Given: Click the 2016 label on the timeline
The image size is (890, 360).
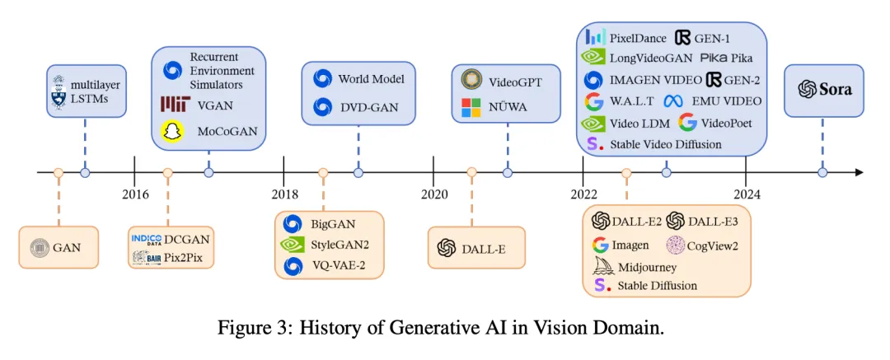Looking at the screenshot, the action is pyautogui.click(x=135, y=194).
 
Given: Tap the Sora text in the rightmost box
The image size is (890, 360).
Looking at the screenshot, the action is pyautogui.click(x=834, y=90).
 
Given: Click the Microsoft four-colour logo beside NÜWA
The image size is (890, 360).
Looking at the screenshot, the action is pyautogui.click(x=471, y=107).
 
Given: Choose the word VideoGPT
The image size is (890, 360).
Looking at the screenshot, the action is pyautogui.click(x=515, y=82).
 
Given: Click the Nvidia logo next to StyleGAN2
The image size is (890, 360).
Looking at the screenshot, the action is pyautogui.click(x=293, y=245).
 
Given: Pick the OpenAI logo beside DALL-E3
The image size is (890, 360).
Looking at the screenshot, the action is pyautogui.click(x=676, y=220).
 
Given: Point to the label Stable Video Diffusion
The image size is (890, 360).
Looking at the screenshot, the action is pyautogui.click(x=666, y=144).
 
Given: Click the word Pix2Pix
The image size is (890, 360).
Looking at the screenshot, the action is pyautogui.click(x=183, y=259).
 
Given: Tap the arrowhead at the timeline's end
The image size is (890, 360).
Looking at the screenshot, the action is pyautogui.click(x=860, y=172).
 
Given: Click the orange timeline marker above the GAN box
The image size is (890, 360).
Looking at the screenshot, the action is pyautogui.click(x=58, y=172).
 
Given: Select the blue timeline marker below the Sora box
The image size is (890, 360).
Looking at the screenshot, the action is pyautogui.click(x=822, y=172).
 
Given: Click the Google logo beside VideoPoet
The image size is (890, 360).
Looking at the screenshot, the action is pyautogui.click(x=687, y=122).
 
